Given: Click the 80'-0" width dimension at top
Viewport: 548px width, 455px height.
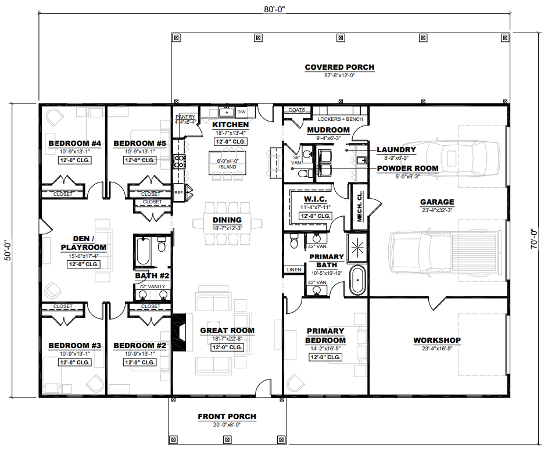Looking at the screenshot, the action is [274, 9].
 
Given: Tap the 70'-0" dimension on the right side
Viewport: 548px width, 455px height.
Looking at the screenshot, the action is [533, 239].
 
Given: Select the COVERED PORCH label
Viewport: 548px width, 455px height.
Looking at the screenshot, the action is [339, 67].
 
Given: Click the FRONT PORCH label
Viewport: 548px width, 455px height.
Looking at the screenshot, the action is [227, 416].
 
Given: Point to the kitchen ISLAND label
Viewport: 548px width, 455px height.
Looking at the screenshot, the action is [228, 167].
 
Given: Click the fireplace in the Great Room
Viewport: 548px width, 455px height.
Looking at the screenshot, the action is [180, 332].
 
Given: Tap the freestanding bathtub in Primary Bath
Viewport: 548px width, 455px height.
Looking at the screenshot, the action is [357, 280].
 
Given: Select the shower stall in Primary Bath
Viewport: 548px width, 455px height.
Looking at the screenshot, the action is [357, 248].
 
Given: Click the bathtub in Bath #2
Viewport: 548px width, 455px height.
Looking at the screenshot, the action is [144, 251].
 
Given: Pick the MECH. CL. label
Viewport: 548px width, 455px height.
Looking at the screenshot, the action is [359, 206].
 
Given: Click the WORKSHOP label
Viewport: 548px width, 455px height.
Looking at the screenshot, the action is [437, 340].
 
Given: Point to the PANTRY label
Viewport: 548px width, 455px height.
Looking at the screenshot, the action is [185, 117].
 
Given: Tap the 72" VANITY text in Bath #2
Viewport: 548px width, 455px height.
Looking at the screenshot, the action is [152, 286].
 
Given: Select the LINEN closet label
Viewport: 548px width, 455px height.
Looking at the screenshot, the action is [294, 270].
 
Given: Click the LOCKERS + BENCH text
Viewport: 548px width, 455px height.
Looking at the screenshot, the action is [340, 119].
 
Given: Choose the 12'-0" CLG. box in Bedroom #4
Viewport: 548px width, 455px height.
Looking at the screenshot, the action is [74, 160].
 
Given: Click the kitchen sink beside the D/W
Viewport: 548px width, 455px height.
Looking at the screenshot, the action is [227, 112].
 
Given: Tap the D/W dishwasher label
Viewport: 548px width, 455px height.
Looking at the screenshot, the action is [242, 112].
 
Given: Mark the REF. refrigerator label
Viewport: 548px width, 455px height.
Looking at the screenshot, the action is [178, 192].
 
